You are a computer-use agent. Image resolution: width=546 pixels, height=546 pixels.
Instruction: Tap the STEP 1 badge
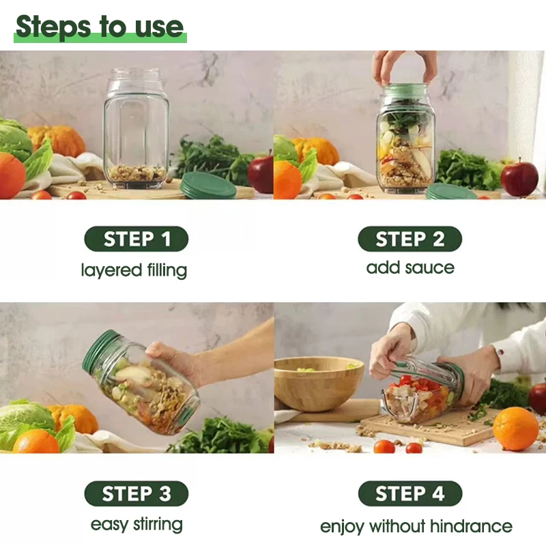coord(136,239)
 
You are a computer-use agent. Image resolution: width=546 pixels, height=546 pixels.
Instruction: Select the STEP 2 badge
coord(410,239)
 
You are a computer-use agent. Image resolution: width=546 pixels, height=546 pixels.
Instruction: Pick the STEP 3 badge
coord(136,493)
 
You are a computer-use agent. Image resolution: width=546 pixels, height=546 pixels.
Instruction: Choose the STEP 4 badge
coord(410,493)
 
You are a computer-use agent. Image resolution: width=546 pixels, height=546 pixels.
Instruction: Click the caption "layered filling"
coord(134,270)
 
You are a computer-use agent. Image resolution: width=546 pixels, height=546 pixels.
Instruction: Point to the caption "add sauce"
coord(410,268)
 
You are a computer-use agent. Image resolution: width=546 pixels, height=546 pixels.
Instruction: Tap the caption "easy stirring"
coord(136,524)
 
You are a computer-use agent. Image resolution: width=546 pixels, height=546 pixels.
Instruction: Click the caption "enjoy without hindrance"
coord(416,526)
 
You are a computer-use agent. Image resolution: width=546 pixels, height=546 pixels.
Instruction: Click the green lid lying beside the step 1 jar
coord(209,186)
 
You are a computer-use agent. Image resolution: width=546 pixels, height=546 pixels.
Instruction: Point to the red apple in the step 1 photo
coord(261,174)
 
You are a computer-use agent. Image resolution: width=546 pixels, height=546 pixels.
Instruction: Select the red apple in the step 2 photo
coord(519,179)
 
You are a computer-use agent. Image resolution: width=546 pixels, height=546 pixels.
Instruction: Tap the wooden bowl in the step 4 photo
coord(318,382)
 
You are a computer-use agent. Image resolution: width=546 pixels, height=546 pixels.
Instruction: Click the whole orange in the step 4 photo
coord(516,429)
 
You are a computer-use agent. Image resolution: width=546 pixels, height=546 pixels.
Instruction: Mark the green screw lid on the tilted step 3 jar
coord(99,351)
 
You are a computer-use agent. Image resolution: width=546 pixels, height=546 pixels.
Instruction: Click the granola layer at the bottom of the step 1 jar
coord(137,174)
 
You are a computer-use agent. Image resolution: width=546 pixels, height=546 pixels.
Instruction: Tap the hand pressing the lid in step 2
coord(404,68)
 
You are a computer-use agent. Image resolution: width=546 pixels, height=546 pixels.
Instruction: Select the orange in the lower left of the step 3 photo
coord(36,441)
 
